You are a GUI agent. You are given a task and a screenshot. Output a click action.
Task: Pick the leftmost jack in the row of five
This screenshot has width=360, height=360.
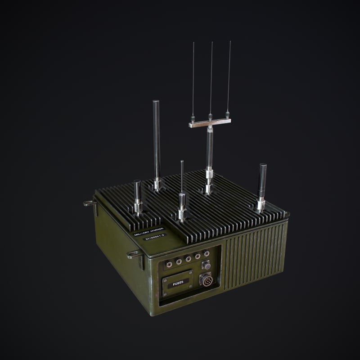point(170,263)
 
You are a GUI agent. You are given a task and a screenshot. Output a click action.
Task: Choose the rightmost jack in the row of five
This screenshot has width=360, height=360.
point(207,254)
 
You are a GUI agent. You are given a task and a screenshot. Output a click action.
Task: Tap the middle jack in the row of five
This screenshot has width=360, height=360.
point(188,258)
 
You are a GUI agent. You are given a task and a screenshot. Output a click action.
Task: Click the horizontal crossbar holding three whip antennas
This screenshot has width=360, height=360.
point(210,123)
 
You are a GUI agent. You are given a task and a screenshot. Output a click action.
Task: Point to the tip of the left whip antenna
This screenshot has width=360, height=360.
point(193,43)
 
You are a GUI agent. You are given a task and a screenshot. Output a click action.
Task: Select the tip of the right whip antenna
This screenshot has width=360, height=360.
point(230,42)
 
